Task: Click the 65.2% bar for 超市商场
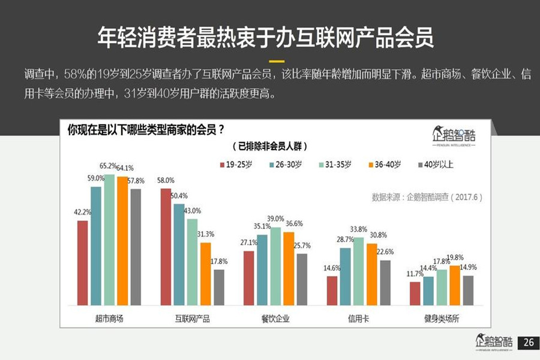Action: pos(109,240)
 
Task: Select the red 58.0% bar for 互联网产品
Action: pos(166,247)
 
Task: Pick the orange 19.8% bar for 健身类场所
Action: pos(455,285)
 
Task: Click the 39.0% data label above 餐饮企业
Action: pos(275,219)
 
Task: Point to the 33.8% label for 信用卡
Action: pos(358,229)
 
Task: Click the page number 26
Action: pos(528,343)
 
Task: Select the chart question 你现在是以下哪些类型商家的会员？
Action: pos(146,129)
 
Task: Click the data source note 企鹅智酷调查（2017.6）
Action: pos(427,196)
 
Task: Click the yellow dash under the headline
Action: pos(276,61)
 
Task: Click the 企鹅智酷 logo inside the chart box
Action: pos(454,136)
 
